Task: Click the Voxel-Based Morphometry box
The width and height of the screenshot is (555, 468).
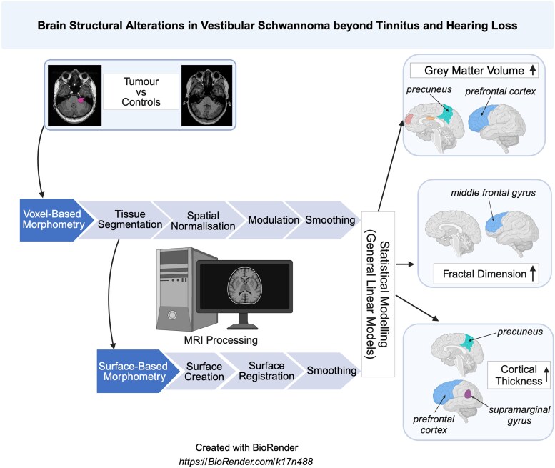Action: [54, 219]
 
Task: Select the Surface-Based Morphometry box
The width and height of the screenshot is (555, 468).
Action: [134, 371]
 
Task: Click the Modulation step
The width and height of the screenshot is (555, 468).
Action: [274, 220]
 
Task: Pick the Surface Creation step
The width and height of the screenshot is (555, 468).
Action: [204, 372]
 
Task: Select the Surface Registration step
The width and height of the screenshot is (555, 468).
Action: [266, 371]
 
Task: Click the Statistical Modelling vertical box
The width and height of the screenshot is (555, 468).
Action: [378, 294]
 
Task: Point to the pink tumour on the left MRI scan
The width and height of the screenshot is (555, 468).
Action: [81, 100]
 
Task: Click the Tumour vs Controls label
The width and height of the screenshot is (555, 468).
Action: [141, 91]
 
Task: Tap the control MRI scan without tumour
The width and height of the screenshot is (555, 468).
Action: [206, 95]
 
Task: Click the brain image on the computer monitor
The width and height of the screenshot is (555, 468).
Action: [245, 285]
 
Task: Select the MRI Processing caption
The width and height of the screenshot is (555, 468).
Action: [221, 340]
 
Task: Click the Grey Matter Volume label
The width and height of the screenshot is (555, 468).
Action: [474, 71]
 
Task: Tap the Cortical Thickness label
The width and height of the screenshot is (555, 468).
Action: [519, 375]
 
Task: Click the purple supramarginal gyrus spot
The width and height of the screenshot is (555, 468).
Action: [468, 394]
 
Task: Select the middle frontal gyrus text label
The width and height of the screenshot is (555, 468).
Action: [493, 193]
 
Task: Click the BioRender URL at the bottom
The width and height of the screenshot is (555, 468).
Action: [246, 462]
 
